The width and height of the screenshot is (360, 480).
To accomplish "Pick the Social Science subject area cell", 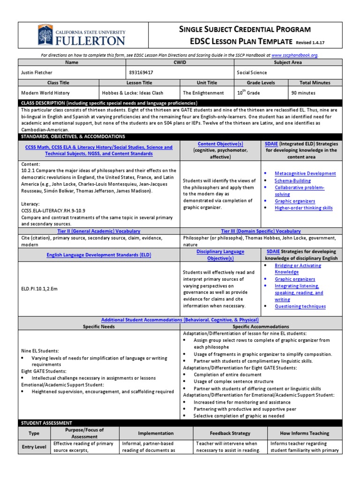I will [x=252, y=73].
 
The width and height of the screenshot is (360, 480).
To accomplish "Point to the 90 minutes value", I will [x=303, y=93].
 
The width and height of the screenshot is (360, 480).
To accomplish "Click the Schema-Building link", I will [x=292, y=180].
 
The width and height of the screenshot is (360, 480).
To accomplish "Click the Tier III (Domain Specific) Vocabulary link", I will [x=261, y=231].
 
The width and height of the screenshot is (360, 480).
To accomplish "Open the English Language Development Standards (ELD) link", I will [x=98, y=255].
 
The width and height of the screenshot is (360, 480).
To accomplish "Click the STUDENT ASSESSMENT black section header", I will [x=47, y=423].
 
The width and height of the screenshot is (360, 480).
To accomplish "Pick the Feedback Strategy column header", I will [x=230, y=433].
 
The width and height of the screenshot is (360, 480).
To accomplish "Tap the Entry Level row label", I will [x=34, y=447].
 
